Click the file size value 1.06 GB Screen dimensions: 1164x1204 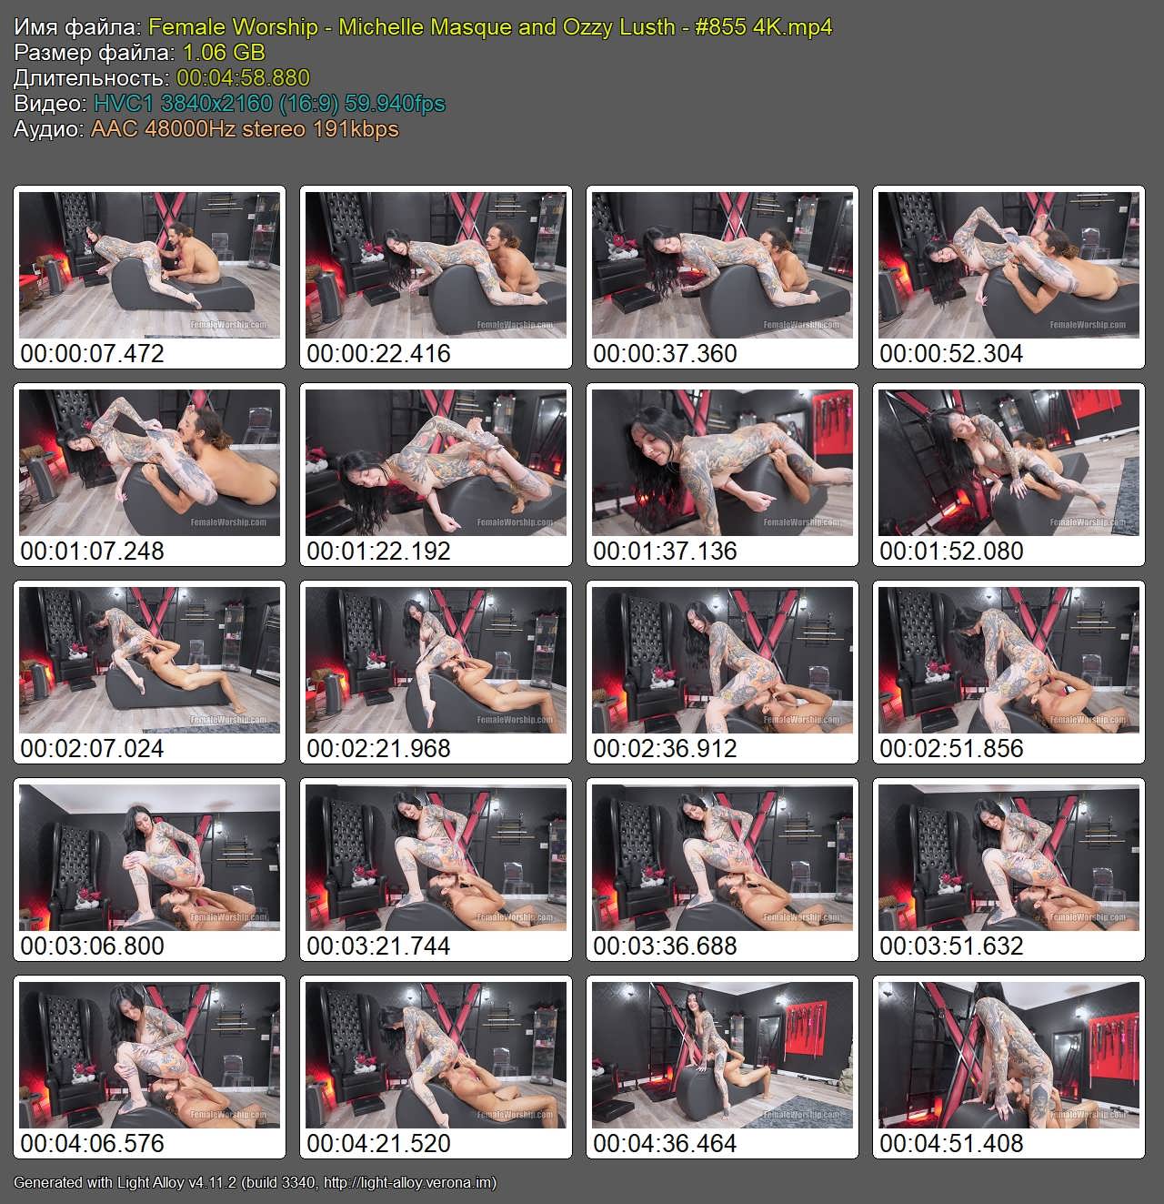pos(224,52)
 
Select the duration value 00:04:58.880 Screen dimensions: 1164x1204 pos(243,77)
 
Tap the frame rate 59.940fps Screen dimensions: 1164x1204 pos(395,104)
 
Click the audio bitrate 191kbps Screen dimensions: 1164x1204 pos(356,128)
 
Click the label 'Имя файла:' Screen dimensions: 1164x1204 pos(78,26)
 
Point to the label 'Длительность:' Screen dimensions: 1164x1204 pos(92,77)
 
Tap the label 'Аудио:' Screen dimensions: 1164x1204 pos(49,128)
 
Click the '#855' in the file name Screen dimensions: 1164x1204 pos(720,26)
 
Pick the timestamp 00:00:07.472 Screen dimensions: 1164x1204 pos(92,353)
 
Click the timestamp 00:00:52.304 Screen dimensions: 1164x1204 pos(951,353)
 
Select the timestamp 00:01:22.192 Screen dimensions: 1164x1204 pos(378,551)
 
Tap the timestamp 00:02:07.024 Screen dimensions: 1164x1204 pos(92,748)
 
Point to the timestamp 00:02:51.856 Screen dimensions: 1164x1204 pos(951,748)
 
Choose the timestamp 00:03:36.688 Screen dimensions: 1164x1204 pos(665,946)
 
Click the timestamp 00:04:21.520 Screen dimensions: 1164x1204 pos(378,1143)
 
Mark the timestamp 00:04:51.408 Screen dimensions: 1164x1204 pos(951,1143)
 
